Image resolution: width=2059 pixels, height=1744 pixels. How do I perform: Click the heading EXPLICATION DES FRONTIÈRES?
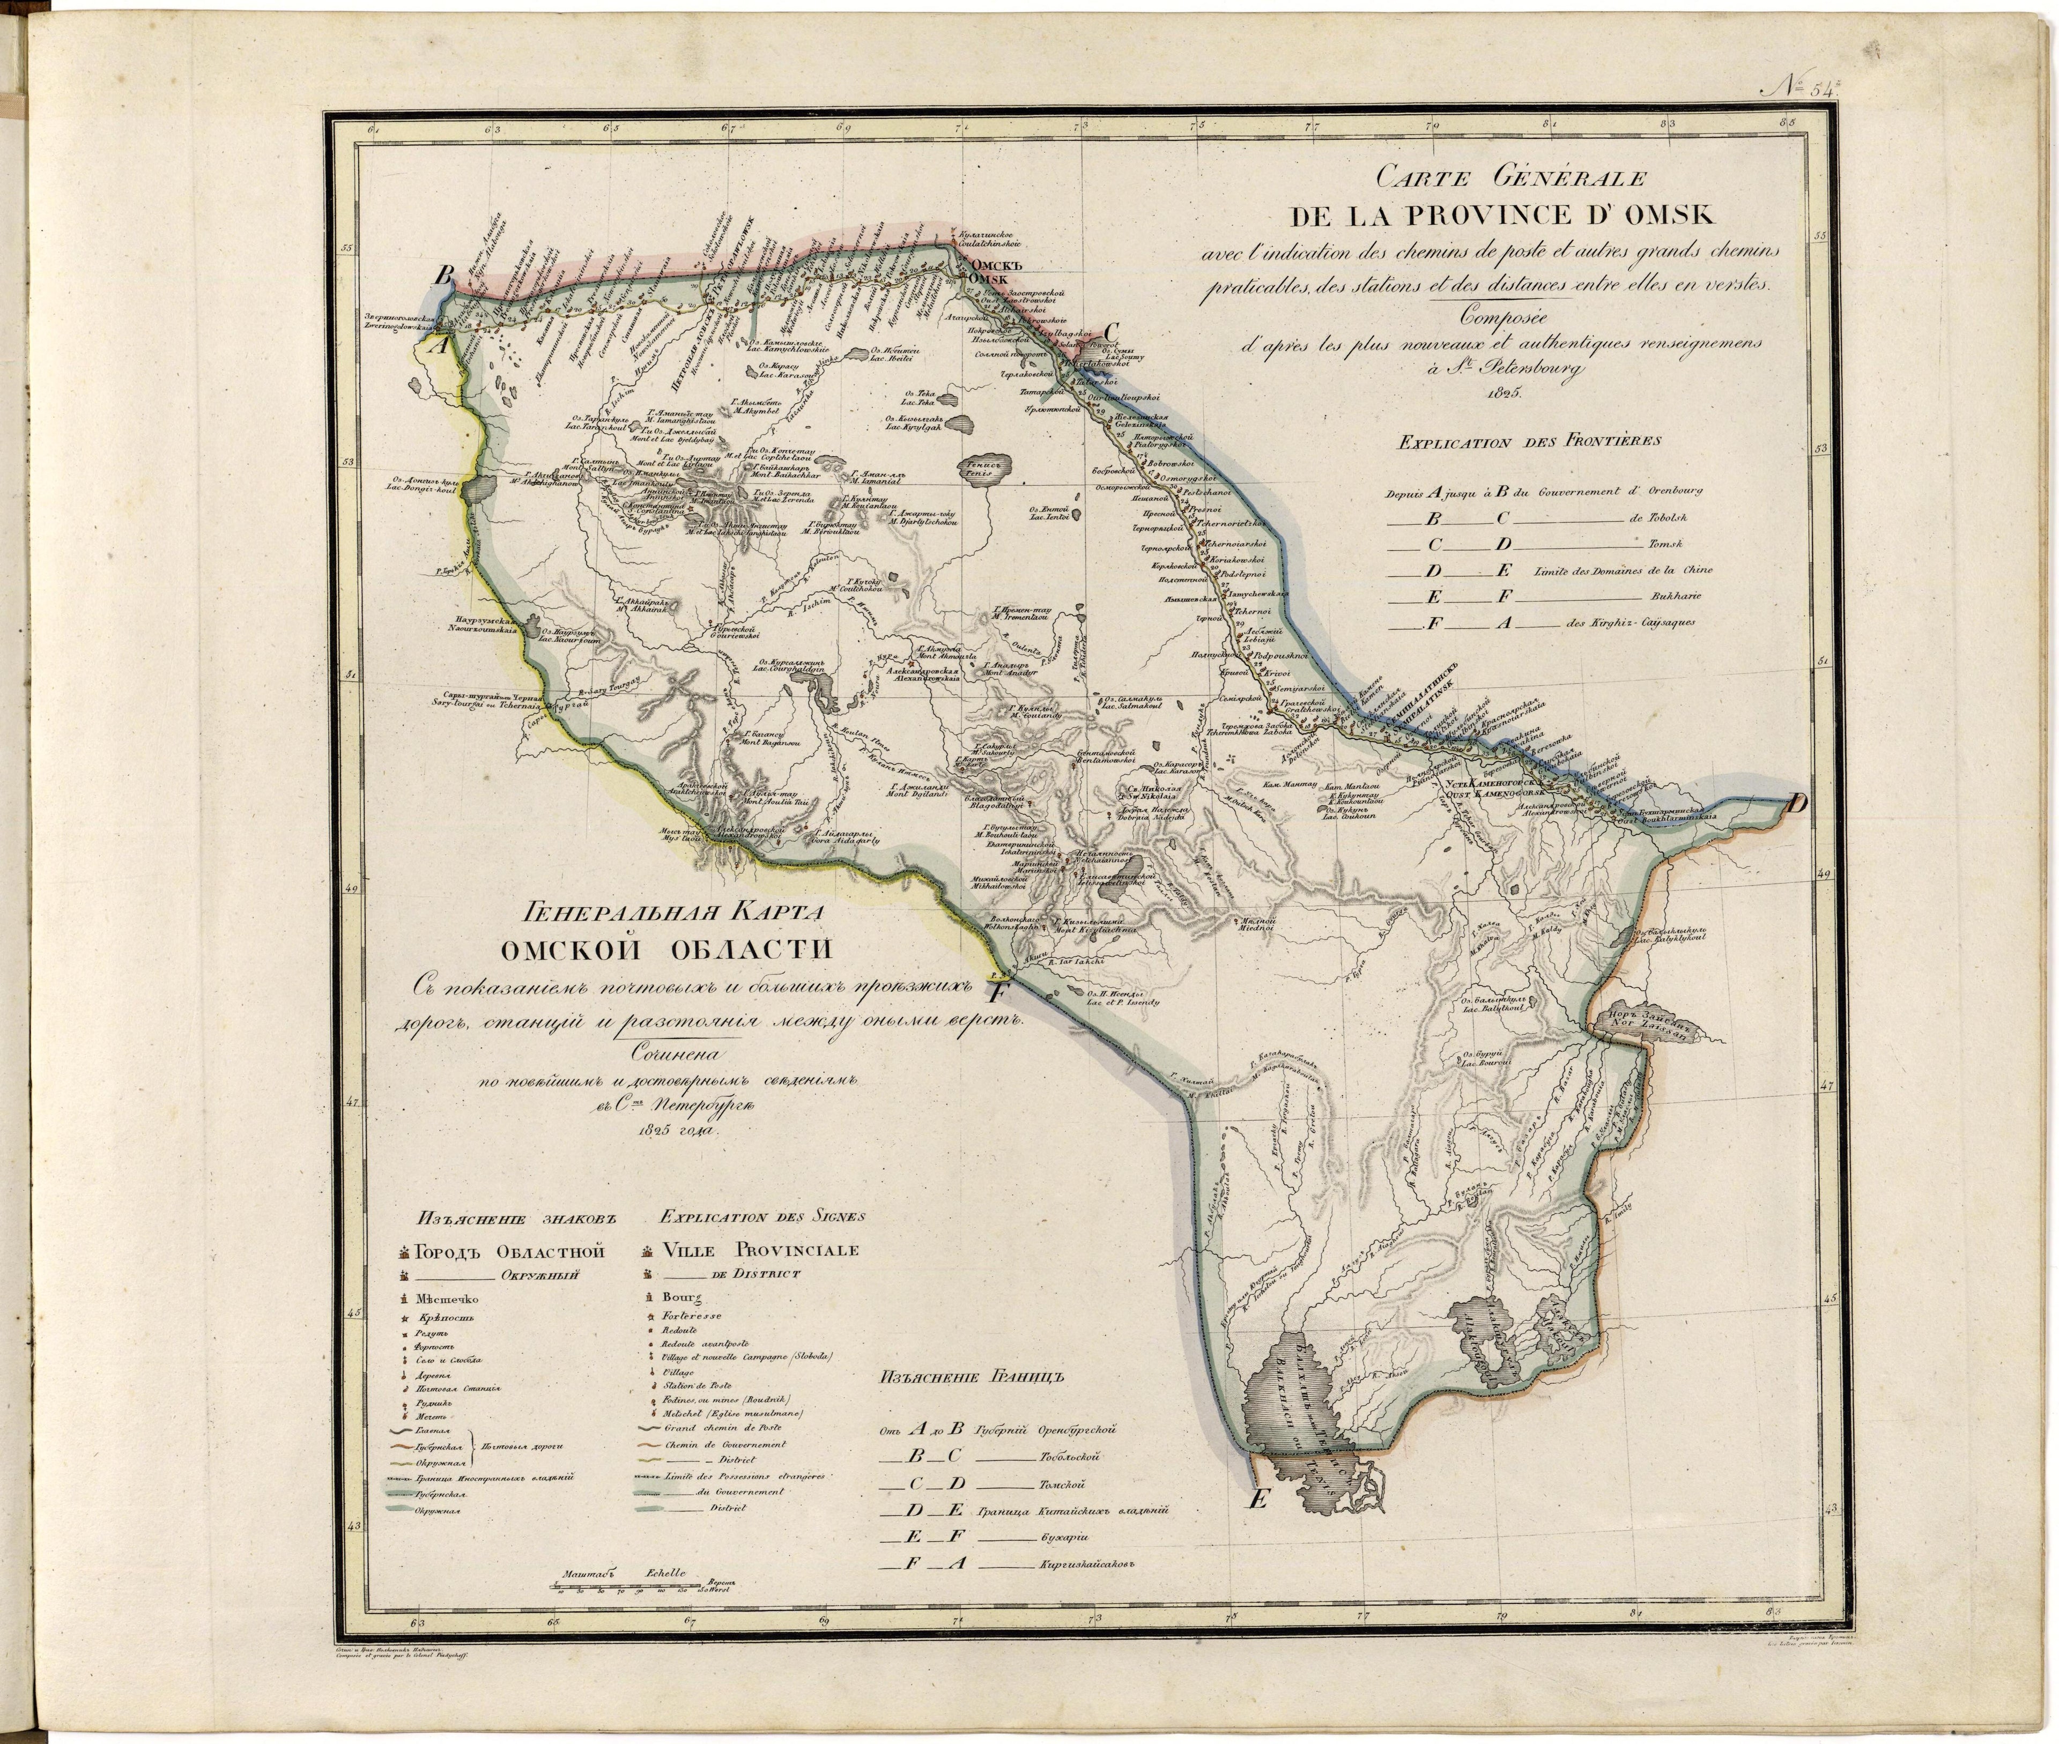(1528, 442)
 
